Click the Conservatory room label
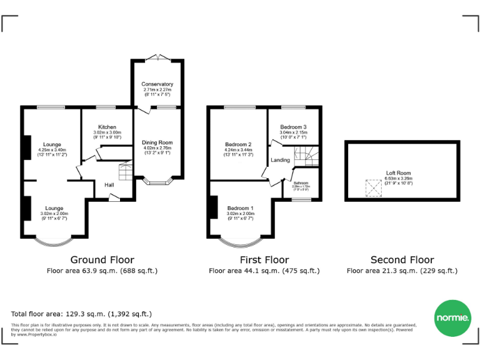pos(157,84)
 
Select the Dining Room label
pos(157,142)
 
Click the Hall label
pos(109,185)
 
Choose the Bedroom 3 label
pos(293,127)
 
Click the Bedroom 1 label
pos(241,207)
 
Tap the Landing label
pos(280,161)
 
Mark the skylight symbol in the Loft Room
pos(372,188)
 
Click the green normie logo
pos(452,319)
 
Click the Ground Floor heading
pos(101,260)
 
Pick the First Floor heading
pos(264,260)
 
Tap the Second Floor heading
pos(402,260)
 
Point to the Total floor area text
pos(81,314)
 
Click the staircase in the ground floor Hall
pos(126,171)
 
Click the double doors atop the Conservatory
pos(157,57)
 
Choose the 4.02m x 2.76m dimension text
pos(157,147)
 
